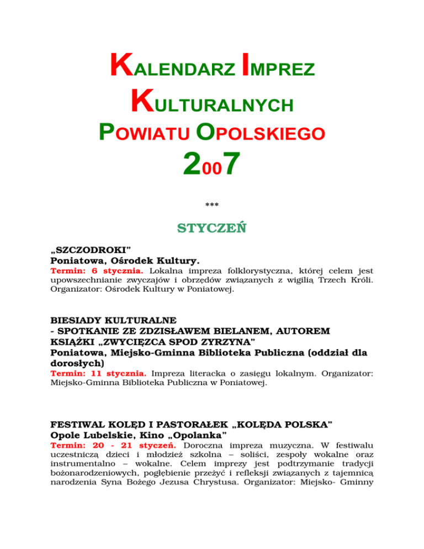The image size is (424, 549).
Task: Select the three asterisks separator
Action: pyautogui.click(x=211, y=206)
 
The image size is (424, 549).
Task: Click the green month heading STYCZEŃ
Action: pyautogui.click(x=211, y=228)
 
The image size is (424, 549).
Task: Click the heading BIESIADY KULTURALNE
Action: pyautogui.click(x=113, y=320)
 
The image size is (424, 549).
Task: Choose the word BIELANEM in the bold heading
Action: pyautogui.click(x=239, y=330)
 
